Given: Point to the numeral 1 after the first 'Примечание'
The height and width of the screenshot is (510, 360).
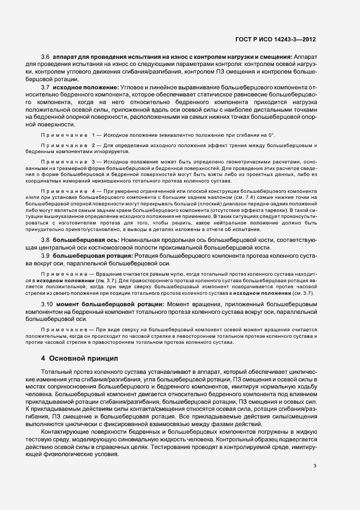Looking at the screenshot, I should [x=94, y=135].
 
